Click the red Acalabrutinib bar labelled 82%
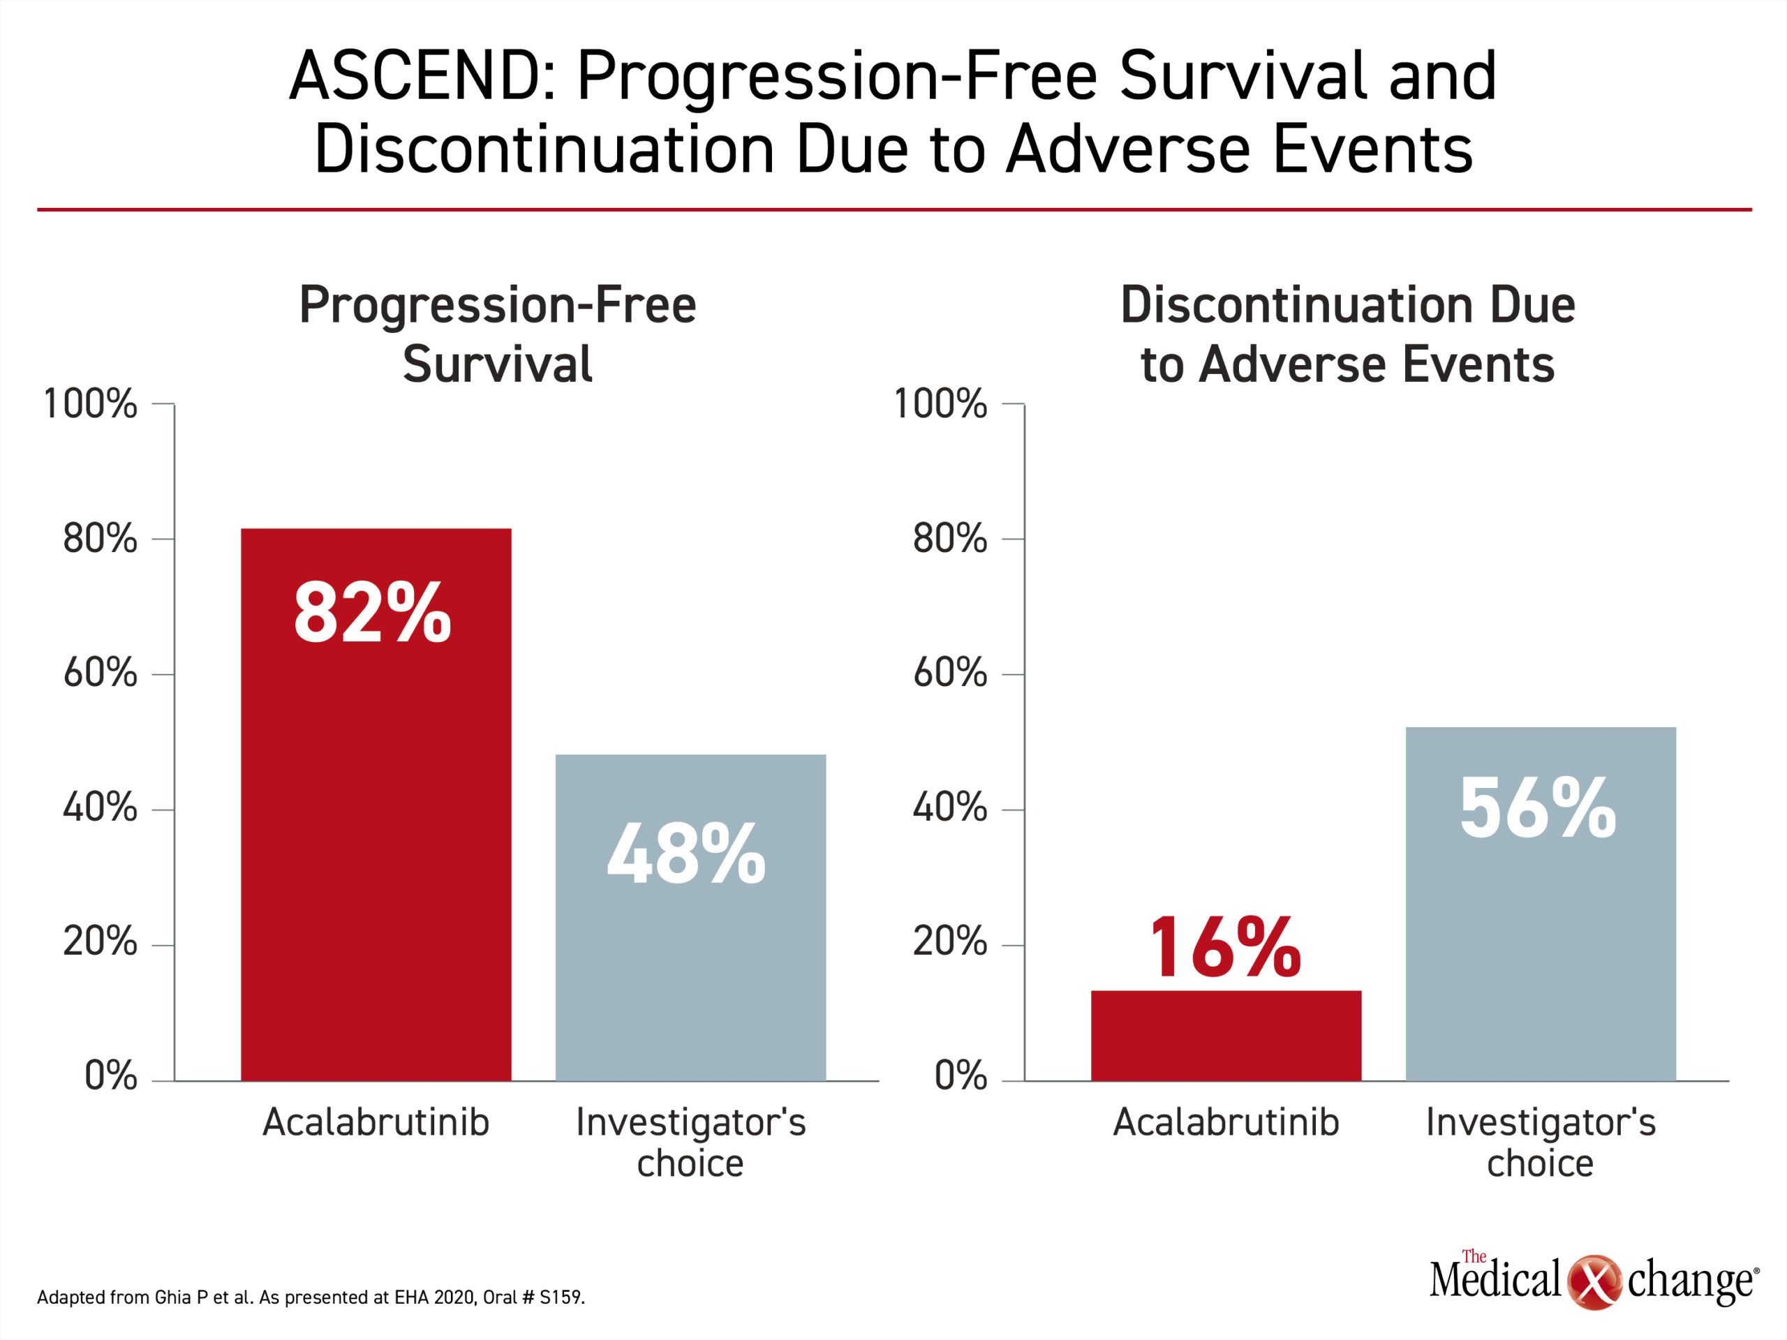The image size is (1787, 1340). (376, 805)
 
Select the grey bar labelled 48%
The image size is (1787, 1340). (691, 918)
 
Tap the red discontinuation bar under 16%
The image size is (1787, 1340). (1226, 1036)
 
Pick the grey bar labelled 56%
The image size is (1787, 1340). (1541, 904)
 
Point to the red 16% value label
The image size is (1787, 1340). (1226, 948)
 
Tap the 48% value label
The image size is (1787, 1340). (686, 854)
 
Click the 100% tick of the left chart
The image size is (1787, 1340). (91, 403)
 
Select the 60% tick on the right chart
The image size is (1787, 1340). (950, 673)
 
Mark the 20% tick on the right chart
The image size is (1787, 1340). (950, 941)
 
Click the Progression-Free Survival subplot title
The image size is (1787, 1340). (498, 334)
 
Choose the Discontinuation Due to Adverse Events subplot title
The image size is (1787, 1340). (1347, 334)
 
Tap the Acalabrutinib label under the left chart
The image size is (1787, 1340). (376, 1122)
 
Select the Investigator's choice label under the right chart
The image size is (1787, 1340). (1541, 1142)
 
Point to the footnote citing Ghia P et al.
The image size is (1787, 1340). (311, 1297)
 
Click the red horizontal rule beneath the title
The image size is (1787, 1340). (894, 210)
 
